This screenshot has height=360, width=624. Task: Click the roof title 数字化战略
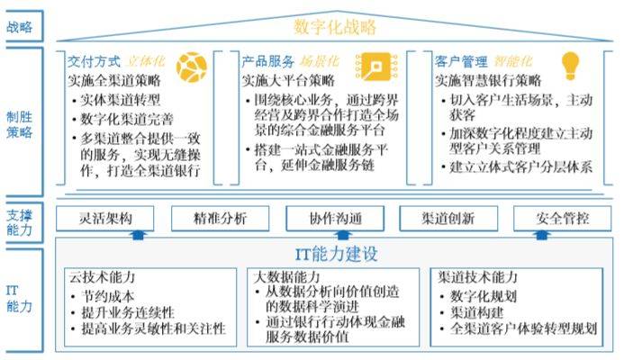335,27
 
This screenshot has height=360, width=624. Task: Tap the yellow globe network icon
192,67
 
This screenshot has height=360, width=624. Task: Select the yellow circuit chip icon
376,67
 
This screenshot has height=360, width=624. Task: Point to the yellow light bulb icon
570,66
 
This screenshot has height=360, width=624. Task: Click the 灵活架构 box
105,219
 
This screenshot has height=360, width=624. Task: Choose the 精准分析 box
220,219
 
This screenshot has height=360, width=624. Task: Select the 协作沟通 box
335,219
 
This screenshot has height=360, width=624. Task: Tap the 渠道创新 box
448,219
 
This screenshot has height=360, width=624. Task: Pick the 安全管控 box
562,219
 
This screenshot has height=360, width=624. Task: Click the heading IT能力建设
336,254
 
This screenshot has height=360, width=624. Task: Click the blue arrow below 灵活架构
138,235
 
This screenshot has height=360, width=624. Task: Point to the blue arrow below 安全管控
541,235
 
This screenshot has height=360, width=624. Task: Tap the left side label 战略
20,27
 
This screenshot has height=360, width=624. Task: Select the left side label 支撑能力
20,223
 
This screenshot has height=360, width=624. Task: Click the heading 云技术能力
102,277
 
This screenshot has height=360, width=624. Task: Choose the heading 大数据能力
286,277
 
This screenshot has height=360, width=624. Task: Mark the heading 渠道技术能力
477,277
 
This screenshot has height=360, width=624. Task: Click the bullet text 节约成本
108,296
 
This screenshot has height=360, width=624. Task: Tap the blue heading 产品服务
267,62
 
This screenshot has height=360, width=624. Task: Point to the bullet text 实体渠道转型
121,100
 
